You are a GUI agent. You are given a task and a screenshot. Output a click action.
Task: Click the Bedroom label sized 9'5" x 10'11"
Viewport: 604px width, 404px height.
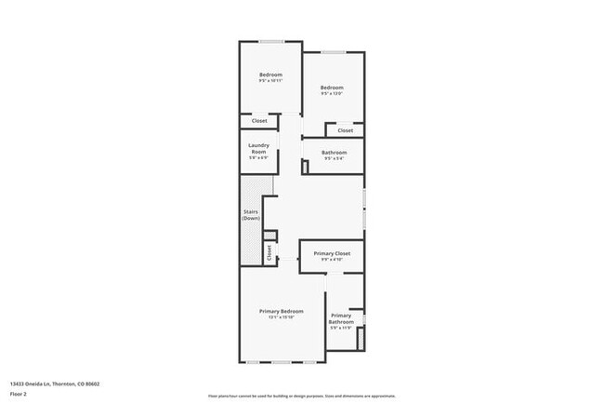coord(270,74)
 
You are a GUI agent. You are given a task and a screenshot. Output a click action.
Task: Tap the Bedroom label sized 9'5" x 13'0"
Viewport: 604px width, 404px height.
coord(332,88)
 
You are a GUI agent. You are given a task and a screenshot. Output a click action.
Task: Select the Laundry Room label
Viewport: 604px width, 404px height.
coord(258,147)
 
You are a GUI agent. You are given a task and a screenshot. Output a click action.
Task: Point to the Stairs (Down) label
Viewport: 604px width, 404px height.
coord(250,215)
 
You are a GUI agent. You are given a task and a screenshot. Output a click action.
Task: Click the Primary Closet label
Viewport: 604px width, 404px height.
coord(332,253)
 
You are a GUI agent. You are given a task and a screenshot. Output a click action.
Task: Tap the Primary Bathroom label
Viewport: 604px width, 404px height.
coord(341,318)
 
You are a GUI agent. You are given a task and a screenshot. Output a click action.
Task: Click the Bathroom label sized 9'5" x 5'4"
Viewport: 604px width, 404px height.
coord(335,153)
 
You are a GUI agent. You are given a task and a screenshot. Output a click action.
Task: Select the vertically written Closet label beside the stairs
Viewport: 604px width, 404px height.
coord(269,251)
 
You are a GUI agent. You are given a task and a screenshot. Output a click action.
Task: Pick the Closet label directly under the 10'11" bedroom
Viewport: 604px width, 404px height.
coord(259,121)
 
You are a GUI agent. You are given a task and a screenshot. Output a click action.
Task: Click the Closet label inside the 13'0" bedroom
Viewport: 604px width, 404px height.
coord(345,130)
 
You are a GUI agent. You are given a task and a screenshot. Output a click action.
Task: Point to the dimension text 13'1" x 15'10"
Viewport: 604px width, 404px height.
coord(281,317)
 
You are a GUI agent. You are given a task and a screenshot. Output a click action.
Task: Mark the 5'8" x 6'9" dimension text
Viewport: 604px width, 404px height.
coord(258,157)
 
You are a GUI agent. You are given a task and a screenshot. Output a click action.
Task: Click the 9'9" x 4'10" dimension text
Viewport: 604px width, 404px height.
coord(332,260)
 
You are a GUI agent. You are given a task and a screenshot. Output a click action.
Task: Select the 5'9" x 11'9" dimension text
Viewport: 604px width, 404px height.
coord(341,328)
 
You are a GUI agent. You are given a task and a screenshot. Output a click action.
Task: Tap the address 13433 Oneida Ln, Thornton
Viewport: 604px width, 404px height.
coord(55,383)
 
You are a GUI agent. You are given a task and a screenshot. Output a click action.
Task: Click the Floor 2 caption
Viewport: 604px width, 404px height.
coord(20,394)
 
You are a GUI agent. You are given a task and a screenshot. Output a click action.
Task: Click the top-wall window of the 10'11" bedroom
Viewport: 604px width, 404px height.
coord(271,41)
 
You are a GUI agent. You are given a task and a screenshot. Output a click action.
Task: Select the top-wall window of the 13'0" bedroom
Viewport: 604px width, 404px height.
coord(334,51)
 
